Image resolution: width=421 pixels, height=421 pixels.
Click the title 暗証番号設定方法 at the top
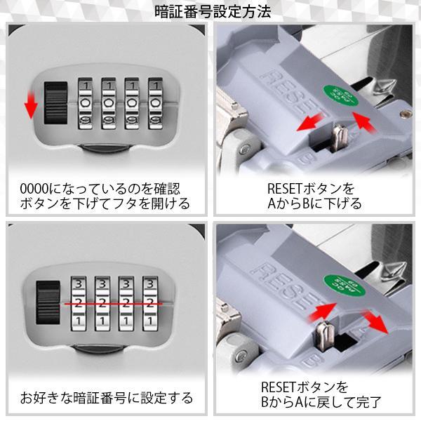pos(213,12)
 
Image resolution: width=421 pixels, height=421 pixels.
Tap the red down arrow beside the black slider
pos(31,105)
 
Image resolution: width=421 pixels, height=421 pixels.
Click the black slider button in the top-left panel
pos(55,103)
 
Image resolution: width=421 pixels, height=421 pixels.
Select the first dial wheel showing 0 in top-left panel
pos(85,103)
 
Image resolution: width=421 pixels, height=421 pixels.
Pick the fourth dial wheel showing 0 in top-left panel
pos(156,103)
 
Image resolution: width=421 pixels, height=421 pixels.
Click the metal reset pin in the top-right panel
pos(340,136)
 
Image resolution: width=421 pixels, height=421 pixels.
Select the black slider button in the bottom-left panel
pos(48,302)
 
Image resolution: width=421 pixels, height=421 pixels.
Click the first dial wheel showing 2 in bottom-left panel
pos(79,303)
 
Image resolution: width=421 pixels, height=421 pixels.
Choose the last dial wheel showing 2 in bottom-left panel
pos(150,303)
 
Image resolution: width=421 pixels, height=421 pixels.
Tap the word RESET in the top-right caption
pos(285,189)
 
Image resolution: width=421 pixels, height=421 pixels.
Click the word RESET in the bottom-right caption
pos(278,387)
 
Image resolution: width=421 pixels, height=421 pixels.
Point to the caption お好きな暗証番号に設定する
pos(107,398)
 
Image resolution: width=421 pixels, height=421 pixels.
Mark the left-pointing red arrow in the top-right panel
pos(310,121)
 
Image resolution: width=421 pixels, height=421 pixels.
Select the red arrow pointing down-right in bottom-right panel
pos(374,322)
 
